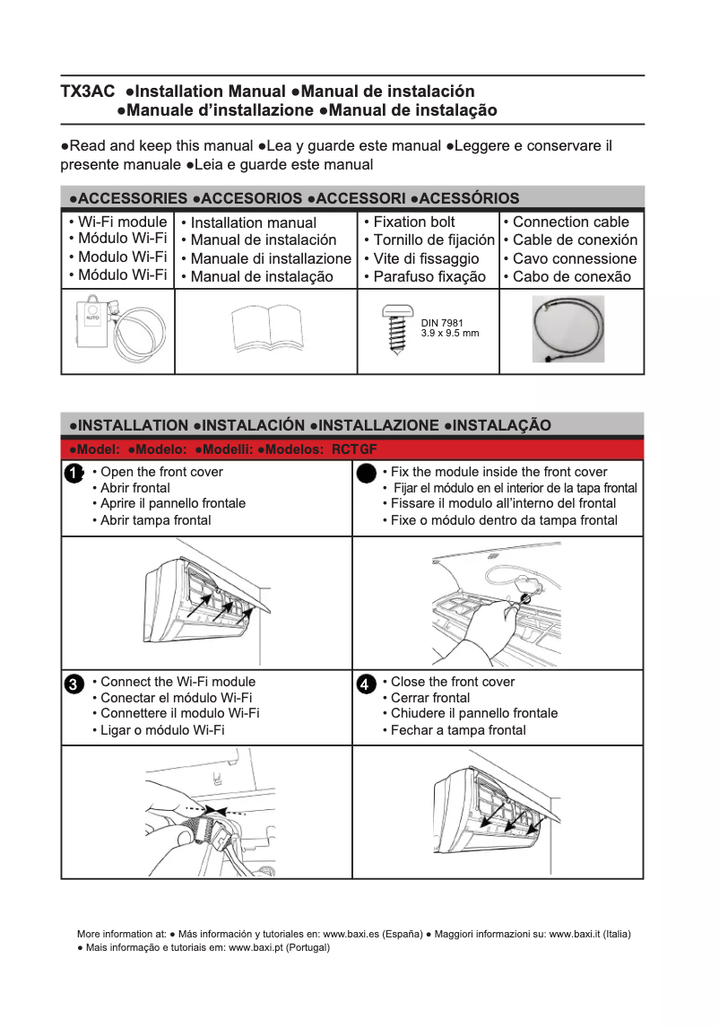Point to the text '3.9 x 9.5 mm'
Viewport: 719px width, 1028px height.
pos(450,334)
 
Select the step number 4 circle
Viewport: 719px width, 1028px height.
pos(365,684)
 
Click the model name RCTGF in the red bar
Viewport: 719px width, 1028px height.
pos(354,449)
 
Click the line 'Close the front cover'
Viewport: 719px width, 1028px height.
pos(453,682)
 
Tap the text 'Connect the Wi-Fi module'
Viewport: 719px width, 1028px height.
pos(178,682)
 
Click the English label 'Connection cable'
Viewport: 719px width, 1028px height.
pos(570,222)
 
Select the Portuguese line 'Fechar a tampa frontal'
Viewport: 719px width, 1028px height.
pos(458,730)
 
